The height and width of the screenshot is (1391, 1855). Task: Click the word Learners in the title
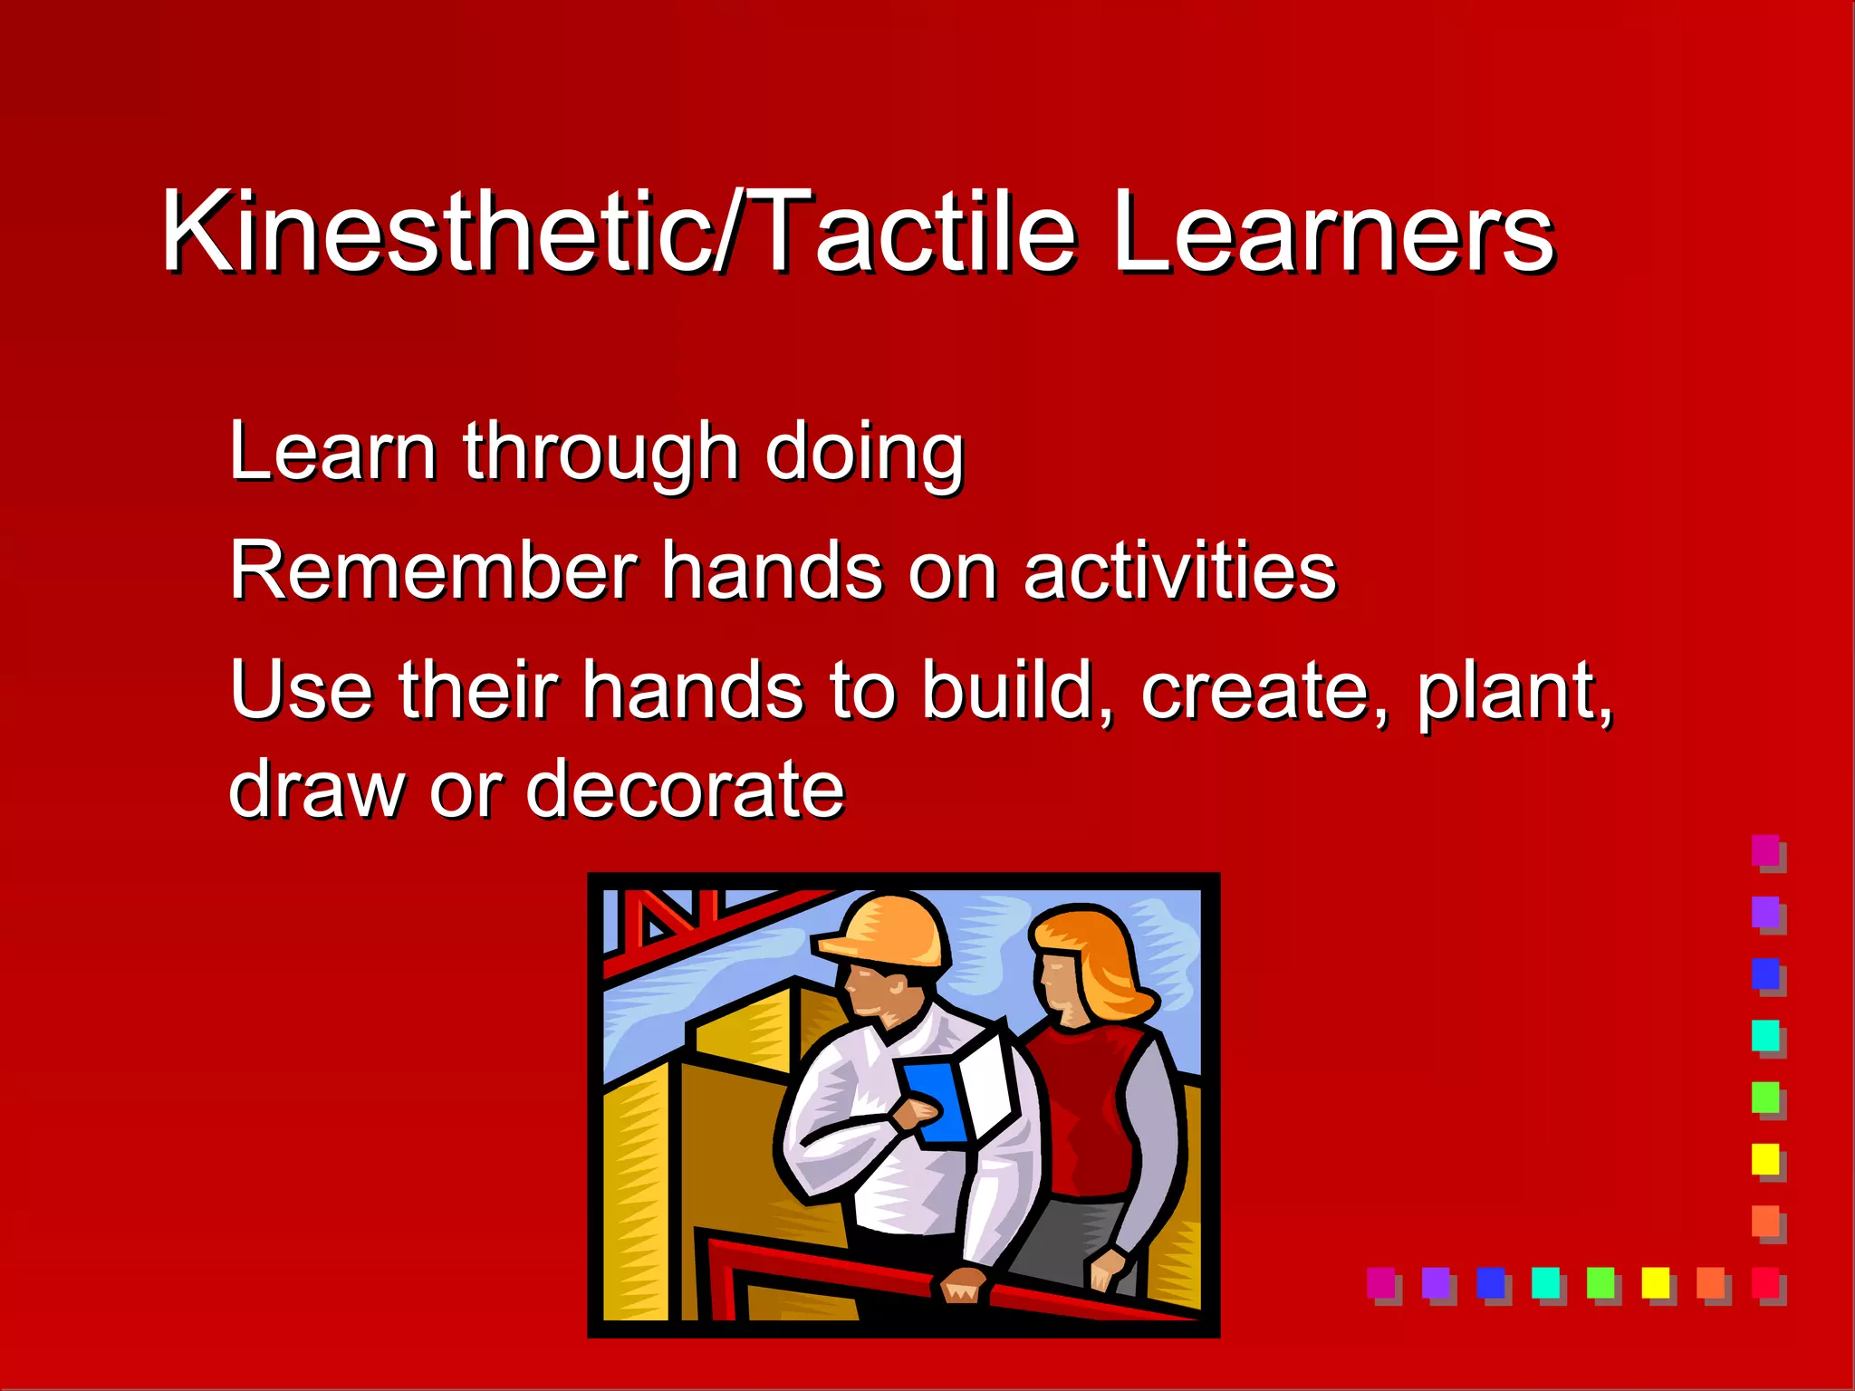point(1331,234)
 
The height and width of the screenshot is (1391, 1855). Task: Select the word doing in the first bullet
point(864,453)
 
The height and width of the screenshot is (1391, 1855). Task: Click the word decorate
point(685,790)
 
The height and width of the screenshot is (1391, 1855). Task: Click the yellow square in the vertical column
point(1764,1158)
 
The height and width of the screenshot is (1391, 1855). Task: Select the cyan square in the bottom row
point(1544,1281)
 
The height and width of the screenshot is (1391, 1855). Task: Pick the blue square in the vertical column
point(1764,974)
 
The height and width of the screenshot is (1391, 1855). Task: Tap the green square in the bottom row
point(1600,1281)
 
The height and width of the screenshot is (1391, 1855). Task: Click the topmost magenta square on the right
point(1764,849)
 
